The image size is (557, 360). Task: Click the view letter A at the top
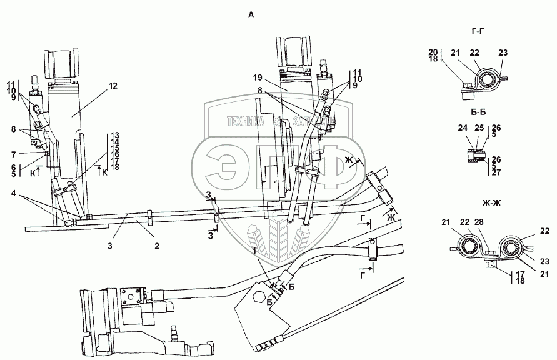pos(251,16)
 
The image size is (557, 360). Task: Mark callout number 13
pos(116,136)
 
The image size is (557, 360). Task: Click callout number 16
pos(116,154)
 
